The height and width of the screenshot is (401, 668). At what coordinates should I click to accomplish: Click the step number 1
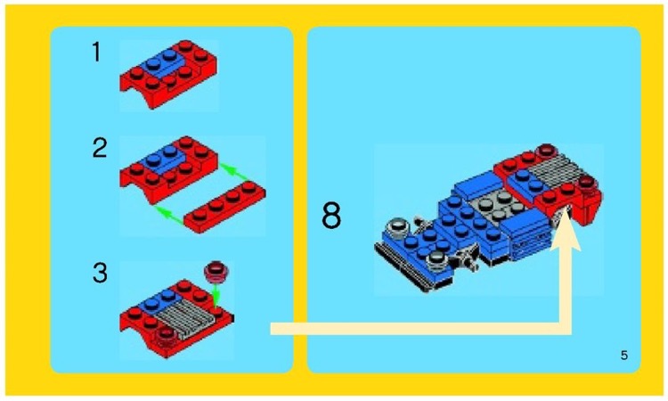point(97,53)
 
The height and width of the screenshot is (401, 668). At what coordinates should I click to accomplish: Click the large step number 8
point(331,217)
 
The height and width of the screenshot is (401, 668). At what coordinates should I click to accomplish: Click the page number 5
point(623,356)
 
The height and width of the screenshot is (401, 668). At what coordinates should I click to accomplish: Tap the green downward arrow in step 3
point(217,293)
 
